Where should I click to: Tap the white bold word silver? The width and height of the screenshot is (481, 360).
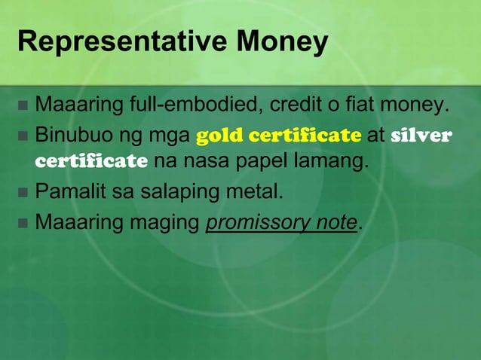422,136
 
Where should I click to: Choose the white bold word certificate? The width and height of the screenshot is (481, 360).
91,160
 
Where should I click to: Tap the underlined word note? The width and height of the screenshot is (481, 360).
332,224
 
